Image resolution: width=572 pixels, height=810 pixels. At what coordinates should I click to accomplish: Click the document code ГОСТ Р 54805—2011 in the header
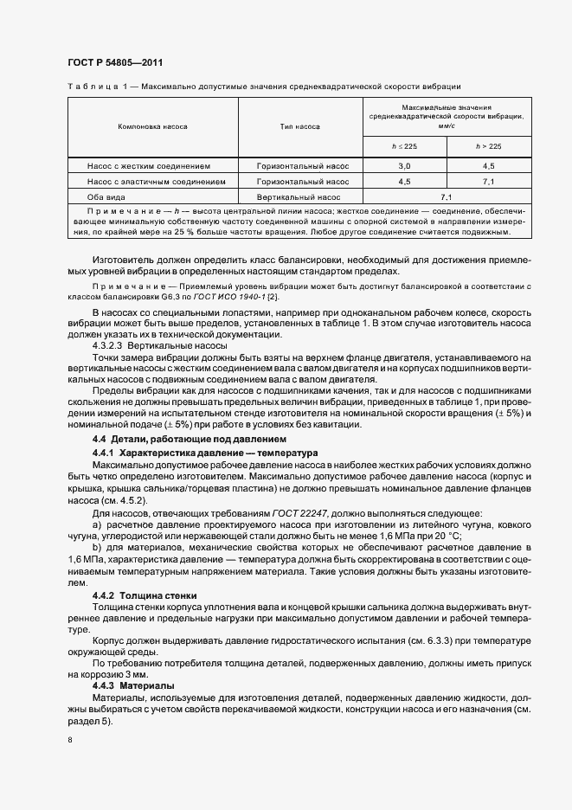point(115,63)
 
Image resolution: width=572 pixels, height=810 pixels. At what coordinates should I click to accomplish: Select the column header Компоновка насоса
point(152,126)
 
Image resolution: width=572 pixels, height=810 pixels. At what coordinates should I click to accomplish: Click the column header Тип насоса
point(299,126)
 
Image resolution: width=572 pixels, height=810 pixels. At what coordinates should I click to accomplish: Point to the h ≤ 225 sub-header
point(404,146)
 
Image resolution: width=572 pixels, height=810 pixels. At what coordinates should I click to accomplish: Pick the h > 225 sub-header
point(488,146)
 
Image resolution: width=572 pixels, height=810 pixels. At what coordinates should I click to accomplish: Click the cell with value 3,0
point(404,165)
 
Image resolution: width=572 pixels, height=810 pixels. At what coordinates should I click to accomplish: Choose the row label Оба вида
point(103,197)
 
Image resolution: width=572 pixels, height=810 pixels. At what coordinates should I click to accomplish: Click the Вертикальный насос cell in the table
point(302,197)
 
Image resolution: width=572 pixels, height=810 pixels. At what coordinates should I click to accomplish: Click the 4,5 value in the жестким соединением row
point(488,165)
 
